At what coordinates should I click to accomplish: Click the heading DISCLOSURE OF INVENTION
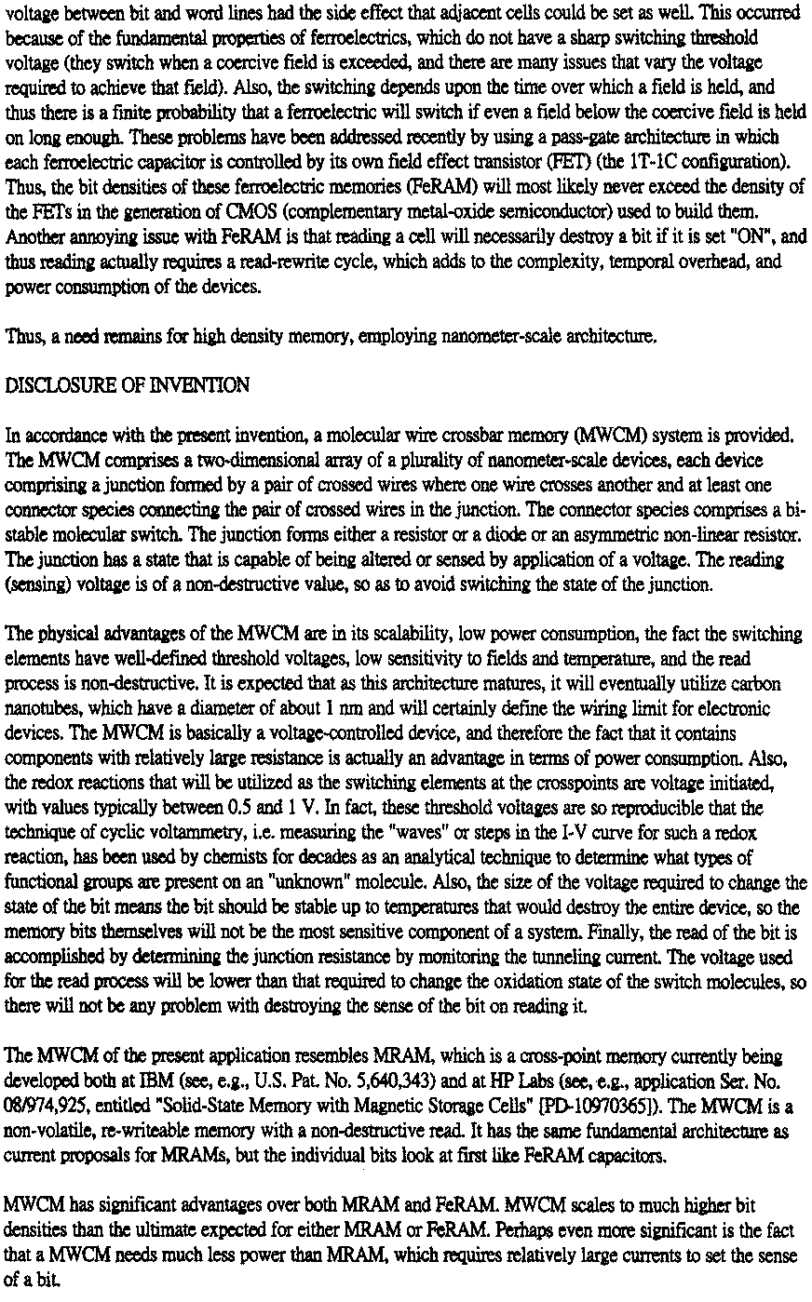click(127, 385)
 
